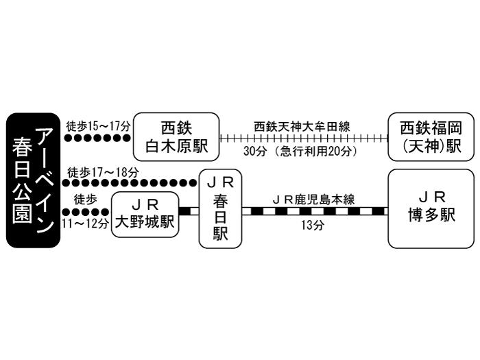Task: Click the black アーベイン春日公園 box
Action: [x=33, y=180]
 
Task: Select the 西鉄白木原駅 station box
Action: [x=176, y=136]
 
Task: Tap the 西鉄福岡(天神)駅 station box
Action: [x=431, y=136]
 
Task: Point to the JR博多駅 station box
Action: [x=431, y=208]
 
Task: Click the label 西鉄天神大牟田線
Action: [x=302, y=126]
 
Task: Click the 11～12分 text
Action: [x=85, y=223]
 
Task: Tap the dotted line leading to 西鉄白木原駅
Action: [x=97, y=138]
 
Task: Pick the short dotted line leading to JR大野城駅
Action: [x=85, y=212]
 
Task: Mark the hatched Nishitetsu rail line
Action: [x=302, y=138]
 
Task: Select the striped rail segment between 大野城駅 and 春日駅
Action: [x=188, y=212]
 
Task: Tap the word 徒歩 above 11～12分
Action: [x=85, y=200]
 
